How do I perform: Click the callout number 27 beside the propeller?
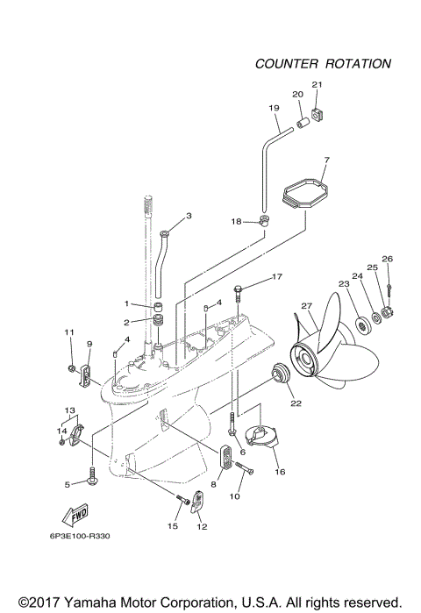coord(307,305)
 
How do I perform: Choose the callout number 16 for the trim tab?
coord(280,471)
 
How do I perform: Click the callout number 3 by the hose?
coord(188,215)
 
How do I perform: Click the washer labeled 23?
coord(360,326)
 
